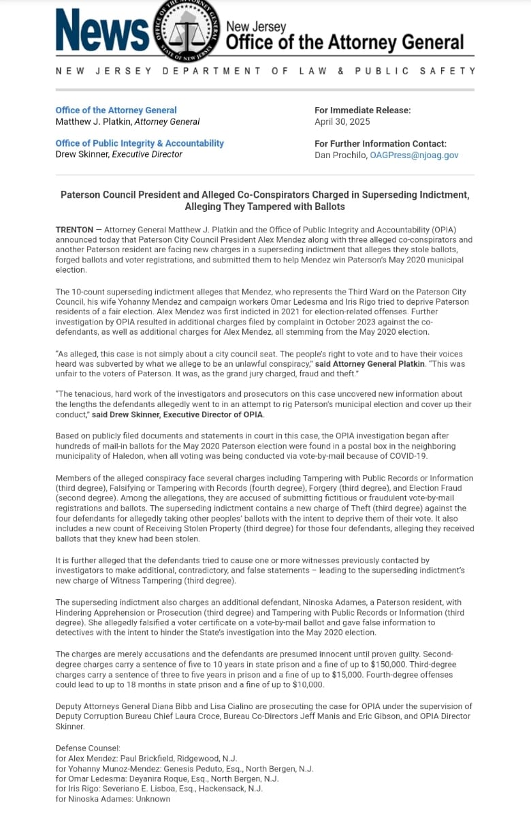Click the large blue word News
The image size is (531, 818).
coord(102,31)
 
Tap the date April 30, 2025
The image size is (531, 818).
coord(342,122)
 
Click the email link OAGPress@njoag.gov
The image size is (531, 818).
coord(414,155)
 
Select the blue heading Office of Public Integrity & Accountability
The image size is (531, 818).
coord(140,143)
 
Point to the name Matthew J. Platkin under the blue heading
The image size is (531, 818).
coord(93,122)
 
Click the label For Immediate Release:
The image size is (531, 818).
coord(362,110)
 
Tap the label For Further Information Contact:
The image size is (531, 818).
coord(381,144)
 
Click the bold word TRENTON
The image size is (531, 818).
coord(74,230)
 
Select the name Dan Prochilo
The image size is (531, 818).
coord(340,155)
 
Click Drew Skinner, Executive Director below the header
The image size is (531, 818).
coord(118,155)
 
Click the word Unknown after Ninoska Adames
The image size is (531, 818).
coord(152,798)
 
